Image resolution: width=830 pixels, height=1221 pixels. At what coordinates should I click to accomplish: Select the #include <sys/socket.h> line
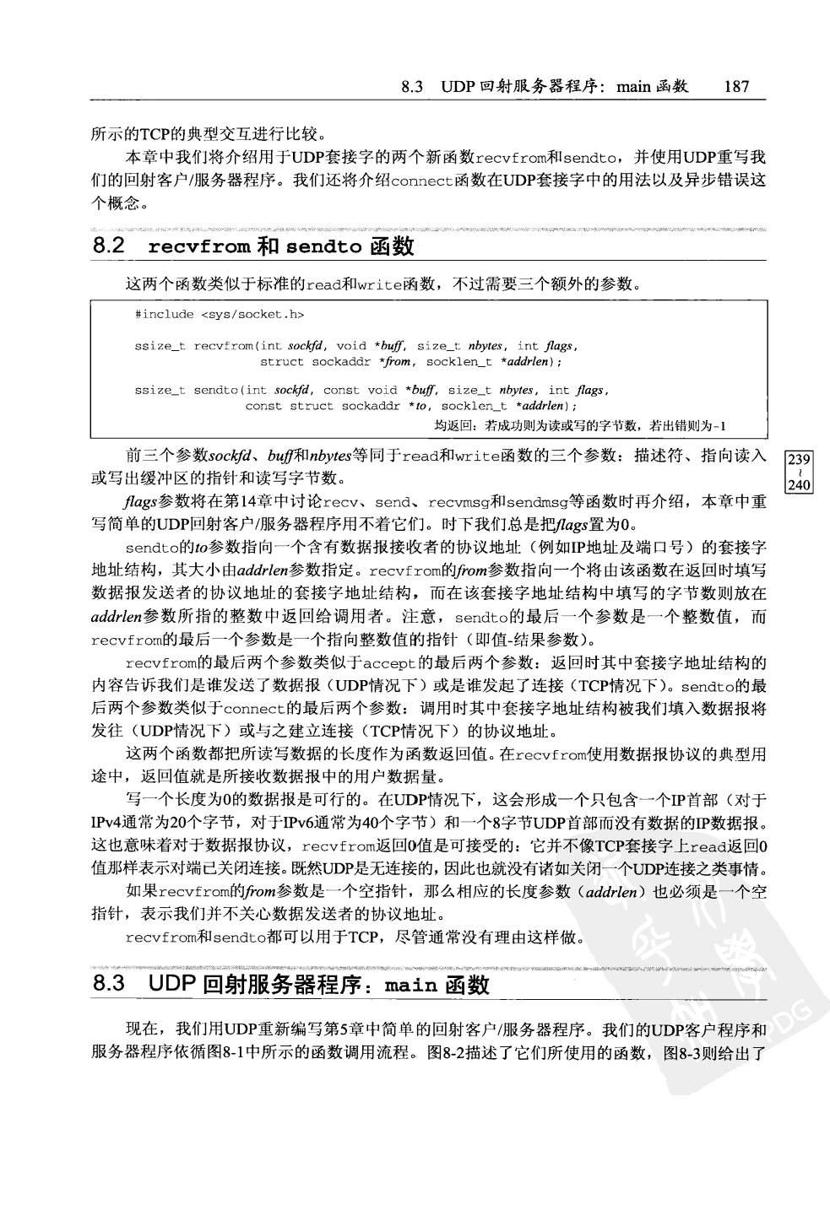(219, 314)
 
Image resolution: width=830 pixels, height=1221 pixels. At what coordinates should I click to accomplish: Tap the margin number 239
(798, 459)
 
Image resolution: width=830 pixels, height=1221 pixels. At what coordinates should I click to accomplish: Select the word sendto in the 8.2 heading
(324, 248)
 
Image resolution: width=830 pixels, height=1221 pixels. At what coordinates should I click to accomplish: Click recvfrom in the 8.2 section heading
(199, 248)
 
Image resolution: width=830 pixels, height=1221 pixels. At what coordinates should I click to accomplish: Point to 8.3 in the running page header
(412, 86)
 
